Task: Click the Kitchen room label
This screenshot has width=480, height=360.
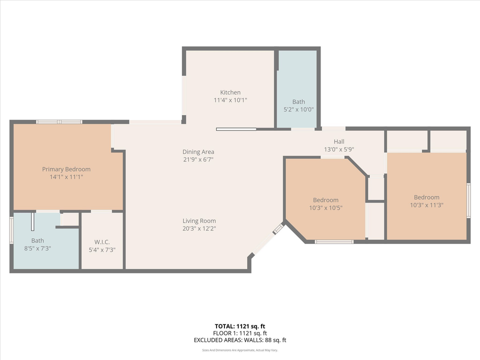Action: coord(230,92)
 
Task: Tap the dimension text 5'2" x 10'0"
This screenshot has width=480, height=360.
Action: coord(298,109)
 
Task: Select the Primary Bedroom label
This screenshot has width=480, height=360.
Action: coord(66,169)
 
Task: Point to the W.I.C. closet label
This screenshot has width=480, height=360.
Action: coord(102,242)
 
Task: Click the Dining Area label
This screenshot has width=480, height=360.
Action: coord(198,152)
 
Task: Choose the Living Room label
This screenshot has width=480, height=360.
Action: coord(198,221)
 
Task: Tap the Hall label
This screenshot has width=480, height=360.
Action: coord(339,141)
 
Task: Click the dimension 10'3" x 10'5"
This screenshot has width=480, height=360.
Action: coord(325,207)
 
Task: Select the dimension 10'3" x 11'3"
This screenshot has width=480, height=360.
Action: coord(426,204)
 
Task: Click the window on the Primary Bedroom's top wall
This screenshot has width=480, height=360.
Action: coord(59,121)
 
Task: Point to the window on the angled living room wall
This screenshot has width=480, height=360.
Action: coord(278,229)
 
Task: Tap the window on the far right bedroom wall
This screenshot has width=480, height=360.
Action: coord(468,200)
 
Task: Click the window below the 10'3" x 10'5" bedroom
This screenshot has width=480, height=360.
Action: coord(334,242)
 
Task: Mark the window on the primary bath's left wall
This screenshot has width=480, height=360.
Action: coord(11,230)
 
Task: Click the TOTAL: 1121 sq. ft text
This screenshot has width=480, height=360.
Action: coord(240,325)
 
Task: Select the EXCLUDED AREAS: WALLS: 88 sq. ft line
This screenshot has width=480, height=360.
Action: coord(240,340)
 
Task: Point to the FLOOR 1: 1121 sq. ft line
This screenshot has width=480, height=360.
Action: coord(240,333)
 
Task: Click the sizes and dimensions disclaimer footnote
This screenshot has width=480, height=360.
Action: coord(240,350)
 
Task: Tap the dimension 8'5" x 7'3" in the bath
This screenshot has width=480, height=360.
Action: coord(37,248)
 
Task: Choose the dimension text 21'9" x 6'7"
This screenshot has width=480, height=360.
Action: coord(198,159)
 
